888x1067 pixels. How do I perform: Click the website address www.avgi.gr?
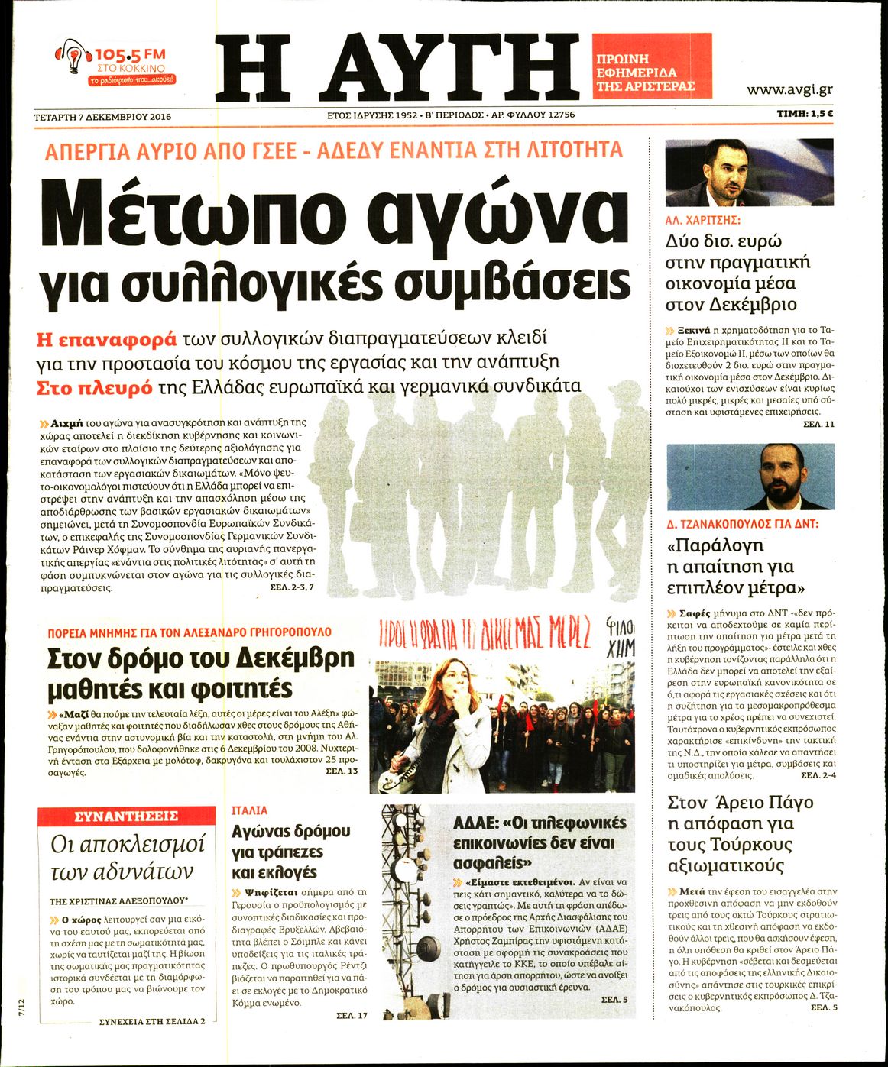(x=789, y=89)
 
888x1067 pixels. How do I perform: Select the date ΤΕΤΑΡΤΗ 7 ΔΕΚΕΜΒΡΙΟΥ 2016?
(x=102, y=117)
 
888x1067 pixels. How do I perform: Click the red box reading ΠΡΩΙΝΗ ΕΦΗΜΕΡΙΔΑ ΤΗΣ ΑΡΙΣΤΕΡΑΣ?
(x=651, y=66)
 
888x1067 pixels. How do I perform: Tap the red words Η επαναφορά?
(x=106, y=338)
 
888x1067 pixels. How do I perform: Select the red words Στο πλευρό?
(x=95, y=387)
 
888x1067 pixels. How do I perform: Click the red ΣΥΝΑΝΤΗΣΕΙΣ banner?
(x=126, y=816)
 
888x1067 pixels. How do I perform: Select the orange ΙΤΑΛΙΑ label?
(x=250, y=810)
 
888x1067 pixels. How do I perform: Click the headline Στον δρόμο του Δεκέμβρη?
(x=201, y=658)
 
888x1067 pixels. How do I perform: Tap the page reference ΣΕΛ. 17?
(x=352, y=1015)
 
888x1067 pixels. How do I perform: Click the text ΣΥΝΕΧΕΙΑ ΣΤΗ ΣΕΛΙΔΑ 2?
(x=152, y=1021)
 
